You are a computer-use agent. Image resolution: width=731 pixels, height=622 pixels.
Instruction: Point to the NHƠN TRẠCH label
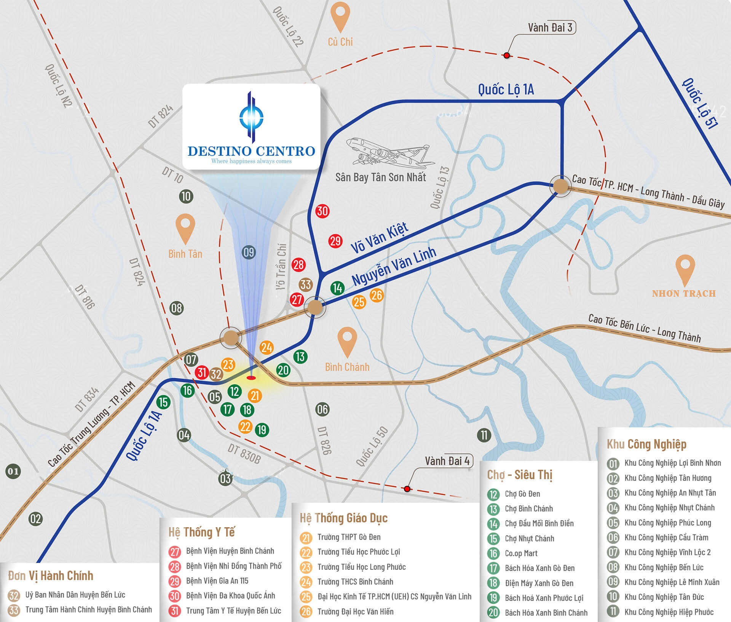(x=684, y=293)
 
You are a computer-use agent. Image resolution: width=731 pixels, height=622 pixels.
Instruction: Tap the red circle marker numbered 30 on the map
(x=322, y=211)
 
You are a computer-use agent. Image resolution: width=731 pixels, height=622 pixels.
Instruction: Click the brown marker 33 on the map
(x=306, y=285)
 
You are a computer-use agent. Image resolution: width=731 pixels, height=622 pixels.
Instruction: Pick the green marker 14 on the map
(x=337, y=288)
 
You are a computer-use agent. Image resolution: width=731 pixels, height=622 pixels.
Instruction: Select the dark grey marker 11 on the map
(x=484, y=435)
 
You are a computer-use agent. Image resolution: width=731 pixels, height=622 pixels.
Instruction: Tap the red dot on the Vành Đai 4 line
(x=407, y=489)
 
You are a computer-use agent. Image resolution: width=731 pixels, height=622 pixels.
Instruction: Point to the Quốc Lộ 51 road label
(x=700, y=103)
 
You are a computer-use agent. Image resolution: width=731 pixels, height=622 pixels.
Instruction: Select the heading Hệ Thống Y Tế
(x=201, y=532)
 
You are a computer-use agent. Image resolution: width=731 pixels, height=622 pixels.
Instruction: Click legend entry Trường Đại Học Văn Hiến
(x=355, y=612)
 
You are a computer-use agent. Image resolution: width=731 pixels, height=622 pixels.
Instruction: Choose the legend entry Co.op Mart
(x=521, y=553)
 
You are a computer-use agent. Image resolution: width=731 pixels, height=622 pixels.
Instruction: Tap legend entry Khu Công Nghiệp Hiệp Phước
(x=669, y=612)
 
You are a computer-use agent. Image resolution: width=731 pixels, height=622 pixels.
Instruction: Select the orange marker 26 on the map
(x=377, y=295)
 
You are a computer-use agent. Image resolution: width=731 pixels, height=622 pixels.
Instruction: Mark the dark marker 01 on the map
(x=13, y=471)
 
